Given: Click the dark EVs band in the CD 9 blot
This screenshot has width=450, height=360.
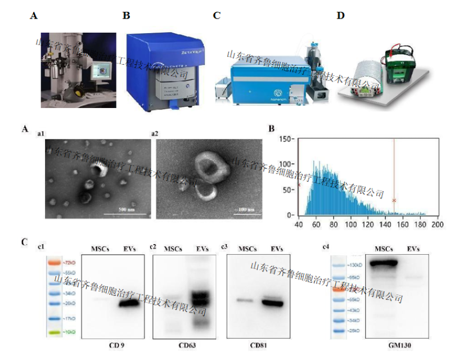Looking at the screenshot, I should coord(128,304).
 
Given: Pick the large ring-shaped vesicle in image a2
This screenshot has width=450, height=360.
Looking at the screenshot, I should coord(213,168).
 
